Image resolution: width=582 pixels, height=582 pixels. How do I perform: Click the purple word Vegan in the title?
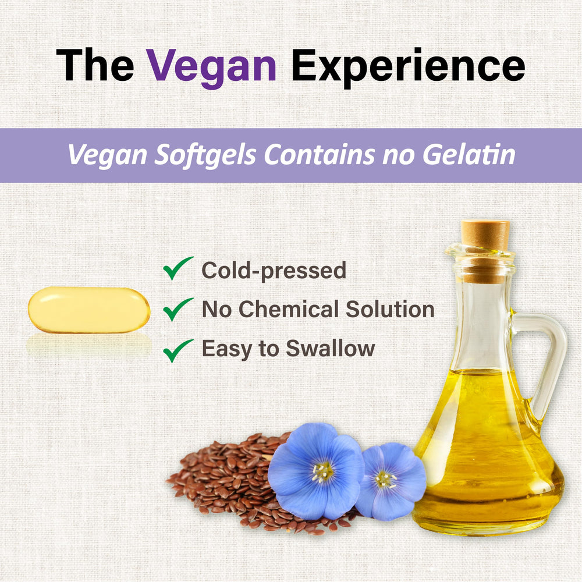(211, 65)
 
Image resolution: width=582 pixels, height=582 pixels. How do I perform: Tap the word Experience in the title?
(408, 65)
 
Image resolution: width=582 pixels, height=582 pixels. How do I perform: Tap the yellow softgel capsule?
(89, 310)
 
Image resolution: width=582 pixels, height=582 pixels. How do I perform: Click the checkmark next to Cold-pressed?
(178, 269)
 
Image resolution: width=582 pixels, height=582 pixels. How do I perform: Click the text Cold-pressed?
(274, 271)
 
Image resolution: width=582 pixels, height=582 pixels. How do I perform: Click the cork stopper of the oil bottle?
(485, 235)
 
